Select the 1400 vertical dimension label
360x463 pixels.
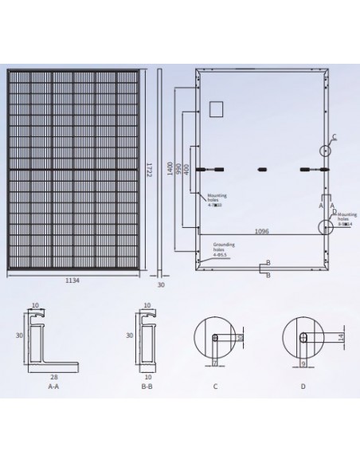pos(170,169)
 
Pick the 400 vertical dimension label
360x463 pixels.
pos(186,170)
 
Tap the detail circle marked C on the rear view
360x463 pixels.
pos(327,150)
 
